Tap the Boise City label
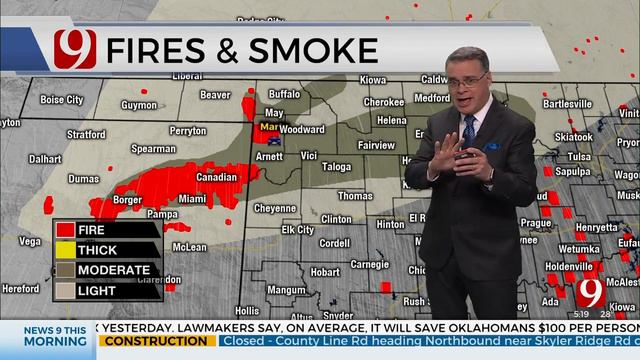61,100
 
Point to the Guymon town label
139,104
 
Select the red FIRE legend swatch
65,230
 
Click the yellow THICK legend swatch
65,250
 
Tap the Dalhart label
44,158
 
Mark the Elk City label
297,230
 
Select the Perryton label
188,131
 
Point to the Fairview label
376,144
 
